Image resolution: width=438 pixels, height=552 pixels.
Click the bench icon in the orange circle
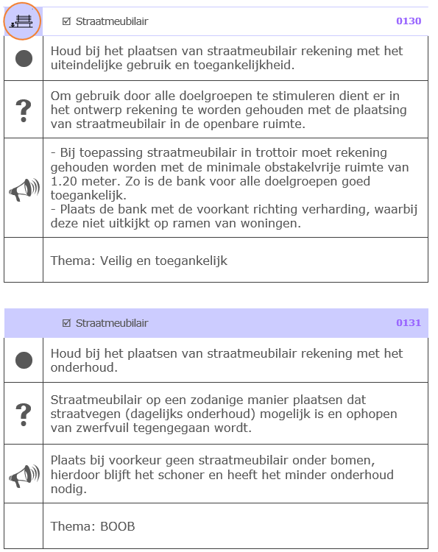23,21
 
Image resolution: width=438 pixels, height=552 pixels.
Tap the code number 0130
409,21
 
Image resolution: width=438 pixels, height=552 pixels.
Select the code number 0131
409,323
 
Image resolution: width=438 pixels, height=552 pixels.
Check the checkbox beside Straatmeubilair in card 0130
66,21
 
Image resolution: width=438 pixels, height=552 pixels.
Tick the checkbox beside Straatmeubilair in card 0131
66,323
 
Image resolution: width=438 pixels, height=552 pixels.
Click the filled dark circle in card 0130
24,58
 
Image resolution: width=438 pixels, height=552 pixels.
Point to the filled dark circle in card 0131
24,360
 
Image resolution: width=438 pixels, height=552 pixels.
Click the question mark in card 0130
24,110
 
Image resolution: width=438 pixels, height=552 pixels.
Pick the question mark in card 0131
24,413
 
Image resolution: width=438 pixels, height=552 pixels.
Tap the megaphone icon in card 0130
24,189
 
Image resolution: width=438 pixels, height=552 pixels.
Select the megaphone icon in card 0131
24,475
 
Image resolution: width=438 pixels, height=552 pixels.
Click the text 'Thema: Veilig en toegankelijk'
139,261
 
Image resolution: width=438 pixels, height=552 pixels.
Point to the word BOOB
118,526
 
